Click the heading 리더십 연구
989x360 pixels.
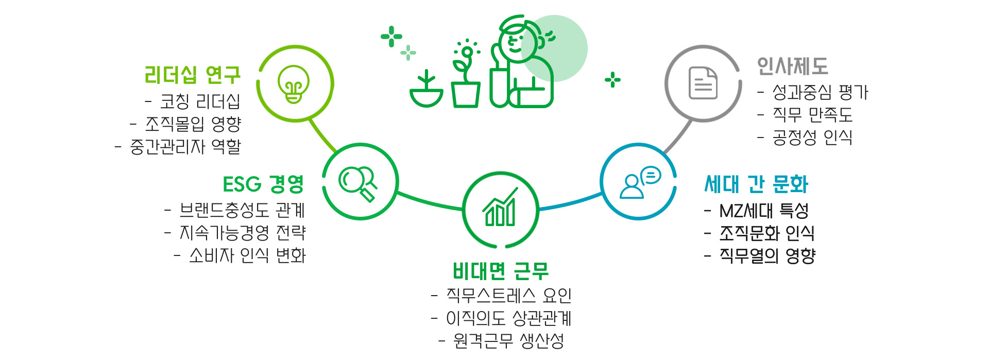(x=192, y=75)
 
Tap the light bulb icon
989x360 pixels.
(x=294, y=84)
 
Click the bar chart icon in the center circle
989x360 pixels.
(x=500, y=209)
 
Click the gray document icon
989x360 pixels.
(x=703, y=83)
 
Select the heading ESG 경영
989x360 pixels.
(x=263, y=184)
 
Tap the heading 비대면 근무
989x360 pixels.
(x=500, y=271)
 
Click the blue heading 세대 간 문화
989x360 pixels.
(x=756, y=184)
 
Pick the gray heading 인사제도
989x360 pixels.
(x=792, y=66)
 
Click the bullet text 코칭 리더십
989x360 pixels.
(x=200, y=101)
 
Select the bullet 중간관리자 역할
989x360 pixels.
(x=185, y=147)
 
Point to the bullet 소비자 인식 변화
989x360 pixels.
(x=247, y=255)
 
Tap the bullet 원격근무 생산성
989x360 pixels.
(x=508, y=340)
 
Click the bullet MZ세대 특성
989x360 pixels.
(x=763, y=211)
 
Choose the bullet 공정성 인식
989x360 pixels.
(x=812, y=138)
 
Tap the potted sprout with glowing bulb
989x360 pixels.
(x=466, y=77)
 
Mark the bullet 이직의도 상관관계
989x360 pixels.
(x=508, y=318)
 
